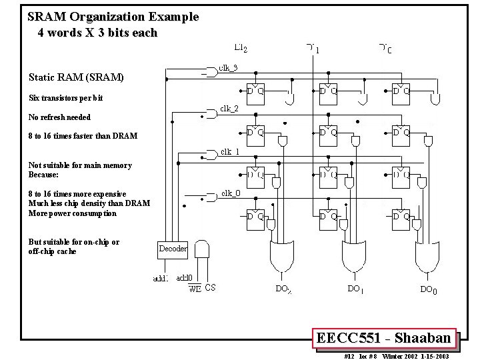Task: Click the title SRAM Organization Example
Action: pyautogui.click(x=113, y=17)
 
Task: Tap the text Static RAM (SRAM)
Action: pyautogui.click(x=76, y=77)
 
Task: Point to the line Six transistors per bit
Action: pyautogui.click(x=66, y=98)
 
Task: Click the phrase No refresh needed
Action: pyautogui.click(x=59, y=117)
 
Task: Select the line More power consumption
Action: pyautogui.click(x=72, y=213)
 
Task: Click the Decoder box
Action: pyautogui.click(x=173, y=248)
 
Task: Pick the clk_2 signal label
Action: pyautogui.click(x=229, y=108)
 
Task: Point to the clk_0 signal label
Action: pyautogui.click(x=231, y=194)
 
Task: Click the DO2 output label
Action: pyautogui.click(x=283, y=289)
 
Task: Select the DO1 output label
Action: pyautogui.click(x=355, y=289)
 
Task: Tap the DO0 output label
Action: pyautogui.click(x=429, y=289)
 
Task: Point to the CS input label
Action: pyautogui.click(x=210, y=288)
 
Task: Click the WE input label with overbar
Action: pyautogui.click(x=195, y=289)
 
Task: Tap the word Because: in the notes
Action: pyautogui.click(x=43, y=175)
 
